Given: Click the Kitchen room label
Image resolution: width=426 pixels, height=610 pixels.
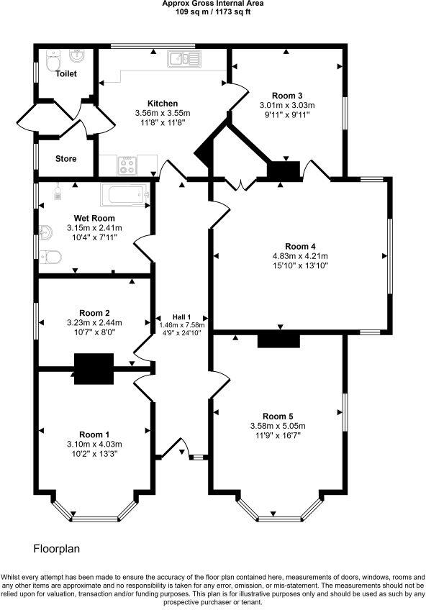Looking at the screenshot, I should tap(162, 104).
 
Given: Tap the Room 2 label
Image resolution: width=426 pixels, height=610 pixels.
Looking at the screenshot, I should tap(94, 313).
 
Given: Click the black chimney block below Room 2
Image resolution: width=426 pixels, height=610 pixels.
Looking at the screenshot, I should tap(94, 368).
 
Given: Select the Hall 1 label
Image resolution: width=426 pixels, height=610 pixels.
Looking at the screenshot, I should tap(181, 317).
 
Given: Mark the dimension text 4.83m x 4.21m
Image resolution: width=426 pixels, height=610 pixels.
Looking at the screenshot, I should tap(299, 256).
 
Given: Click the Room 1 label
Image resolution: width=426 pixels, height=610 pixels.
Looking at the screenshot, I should tap(94, 434).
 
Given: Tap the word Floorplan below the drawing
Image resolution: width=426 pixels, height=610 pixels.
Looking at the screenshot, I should tap(57, 549).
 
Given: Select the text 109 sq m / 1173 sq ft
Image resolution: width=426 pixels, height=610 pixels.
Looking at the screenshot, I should tap(213, 12).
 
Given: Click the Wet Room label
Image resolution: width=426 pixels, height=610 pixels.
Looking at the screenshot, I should tap(94, 218).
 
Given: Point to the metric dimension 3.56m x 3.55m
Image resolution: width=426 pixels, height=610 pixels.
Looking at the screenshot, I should tap(162, 113).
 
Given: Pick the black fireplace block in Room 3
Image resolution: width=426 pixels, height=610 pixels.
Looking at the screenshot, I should tap(284, 170).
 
